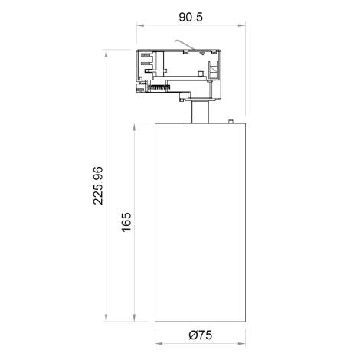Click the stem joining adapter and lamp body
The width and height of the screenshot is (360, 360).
tap(200, 113)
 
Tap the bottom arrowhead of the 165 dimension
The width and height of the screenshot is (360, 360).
tap(136, 320)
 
